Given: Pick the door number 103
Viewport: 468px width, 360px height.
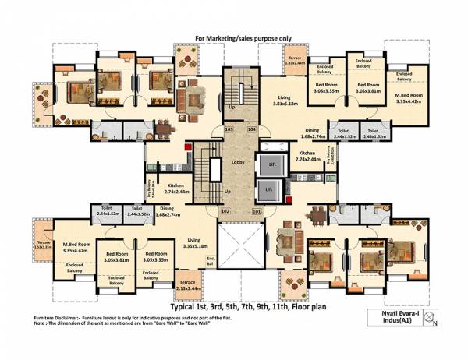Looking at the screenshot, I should (x=229, y=129).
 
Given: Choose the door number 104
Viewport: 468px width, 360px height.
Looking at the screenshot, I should (x=251, y=129).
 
